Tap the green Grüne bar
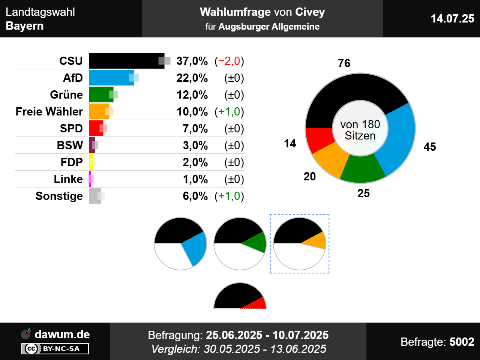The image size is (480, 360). point(100,94)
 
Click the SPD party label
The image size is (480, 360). point(71,128)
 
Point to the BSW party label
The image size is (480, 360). point(70,145)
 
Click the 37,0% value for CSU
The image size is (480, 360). point(192,61)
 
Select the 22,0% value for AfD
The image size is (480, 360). point(192,78)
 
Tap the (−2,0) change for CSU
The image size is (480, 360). point(229,61)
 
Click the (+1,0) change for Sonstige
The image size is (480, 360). point(229,196)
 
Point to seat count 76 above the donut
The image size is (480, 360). point(344,63)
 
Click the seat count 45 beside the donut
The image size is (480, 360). point(430,147)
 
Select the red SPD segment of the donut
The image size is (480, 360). point(318,139)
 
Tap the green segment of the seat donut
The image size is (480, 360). point(362,169)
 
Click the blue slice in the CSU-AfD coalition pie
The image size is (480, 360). point(195,247)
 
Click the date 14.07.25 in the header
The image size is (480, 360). point(452,18)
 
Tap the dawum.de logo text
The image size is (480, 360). point(62,334)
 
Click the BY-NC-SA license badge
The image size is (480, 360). point(55,349)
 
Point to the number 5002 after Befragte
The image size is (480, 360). point(462,342)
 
